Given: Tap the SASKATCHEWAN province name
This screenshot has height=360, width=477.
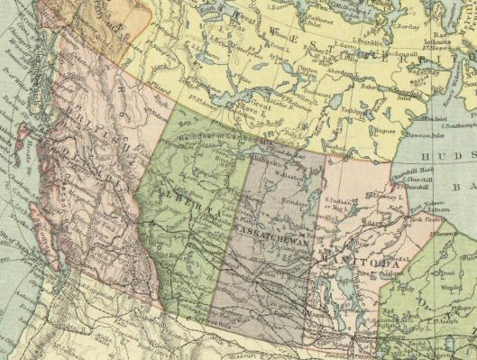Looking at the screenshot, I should click(270, 232).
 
